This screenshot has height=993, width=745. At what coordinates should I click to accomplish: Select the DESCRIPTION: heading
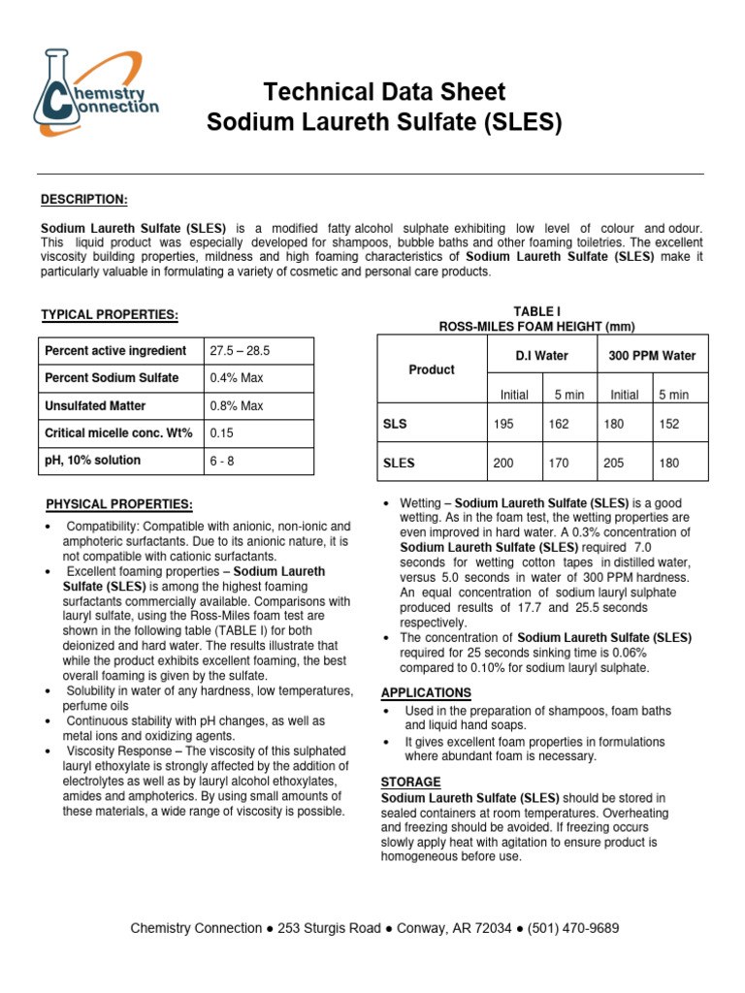83,200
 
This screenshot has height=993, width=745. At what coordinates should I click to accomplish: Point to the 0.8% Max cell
230,405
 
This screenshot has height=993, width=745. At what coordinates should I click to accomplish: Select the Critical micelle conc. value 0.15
221,432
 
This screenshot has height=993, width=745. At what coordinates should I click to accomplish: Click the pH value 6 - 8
222,461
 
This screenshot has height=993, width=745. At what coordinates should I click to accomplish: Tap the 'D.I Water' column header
541,356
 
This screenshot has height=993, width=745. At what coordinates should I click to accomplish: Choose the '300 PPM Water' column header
652,356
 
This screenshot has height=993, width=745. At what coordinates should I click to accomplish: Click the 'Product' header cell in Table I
432,369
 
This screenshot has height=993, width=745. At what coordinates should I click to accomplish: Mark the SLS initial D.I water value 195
503,425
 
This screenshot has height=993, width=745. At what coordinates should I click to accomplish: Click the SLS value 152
669,425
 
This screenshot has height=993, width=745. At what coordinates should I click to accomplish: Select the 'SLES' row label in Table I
400,464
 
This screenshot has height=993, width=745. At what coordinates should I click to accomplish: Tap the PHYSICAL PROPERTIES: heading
119,504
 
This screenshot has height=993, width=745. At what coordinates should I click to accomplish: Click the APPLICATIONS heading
426,692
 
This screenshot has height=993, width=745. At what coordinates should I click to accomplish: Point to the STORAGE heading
410,782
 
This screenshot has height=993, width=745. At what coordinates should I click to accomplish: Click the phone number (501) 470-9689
573,928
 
